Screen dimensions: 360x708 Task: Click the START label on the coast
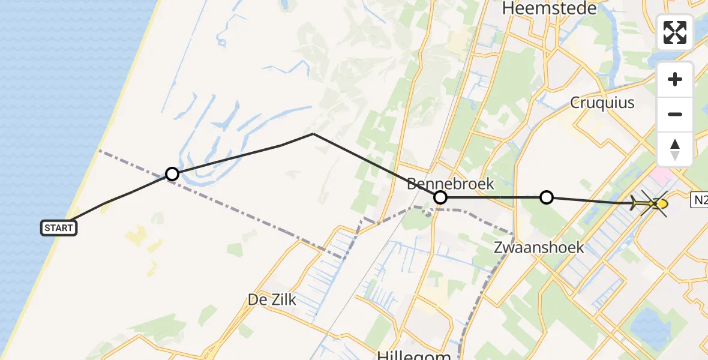(x=59, y=228)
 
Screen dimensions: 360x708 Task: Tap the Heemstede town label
(x=550, y=8)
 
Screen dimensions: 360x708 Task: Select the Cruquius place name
(x=602, y=103)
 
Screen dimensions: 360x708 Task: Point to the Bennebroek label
(x=450, y=184)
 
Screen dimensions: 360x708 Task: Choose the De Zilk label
(x=272, y=299)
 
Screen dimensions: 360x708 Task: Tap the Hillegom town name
(x=414, y=355)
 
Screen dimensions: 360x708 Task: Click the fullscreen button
(x=675, y=32)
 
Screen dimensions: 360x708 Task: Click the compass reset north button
(x=675, y=149)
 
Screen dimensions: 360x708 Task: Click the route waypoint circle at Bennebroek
(x=440, y=197)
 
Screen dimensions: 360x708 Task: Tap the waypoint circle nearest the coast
(x=172, y=174)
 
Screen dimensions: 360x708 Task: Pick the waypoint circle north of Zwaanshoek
(x=546, y=197)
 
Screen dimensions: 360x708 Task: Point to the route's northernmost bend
(x=313, y=134)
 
